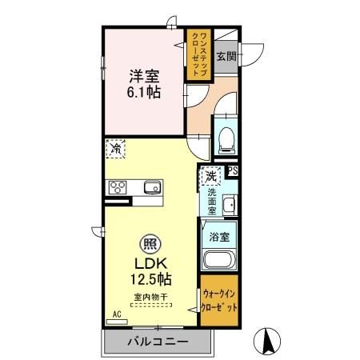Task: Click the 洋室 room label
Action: [x=145, y=77]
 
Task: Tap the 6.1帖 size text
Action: [x=145, y=93]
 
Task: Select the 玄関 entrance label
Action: [x=226, y=56]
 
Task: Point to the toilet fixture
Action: [x=226, y=141]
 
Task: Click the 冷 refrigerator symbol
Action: [x=116, y=147]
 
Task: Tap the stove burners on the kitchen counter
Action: [x=118, y=188]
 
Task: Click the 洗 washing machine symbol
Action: [x=210, y=175]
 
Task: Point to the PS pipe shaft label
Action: [x=233, y=170]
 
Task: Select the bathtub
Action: [x=219, y=260]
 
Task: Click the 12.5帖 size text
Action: [x=150, y=279]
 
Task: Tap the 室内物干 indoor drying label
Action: [x=150, y=298]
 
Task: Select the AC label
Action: [x=115, y=314]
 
